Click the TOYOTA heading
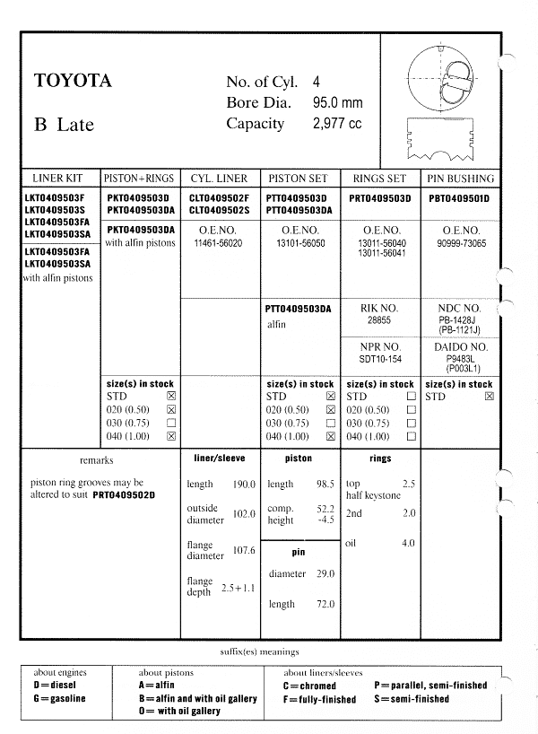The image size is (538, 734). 73,82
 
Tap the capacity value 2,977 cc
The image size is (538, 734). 336,124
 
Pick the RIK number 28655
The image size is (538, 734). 381,319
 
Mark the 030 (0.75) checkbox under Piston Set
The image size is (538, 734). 331,423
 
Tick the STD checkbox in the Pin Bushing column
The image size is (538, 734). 488,396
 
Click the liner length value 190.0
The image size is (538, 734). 244,485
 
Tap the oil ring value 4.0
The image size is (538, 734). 408,543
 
